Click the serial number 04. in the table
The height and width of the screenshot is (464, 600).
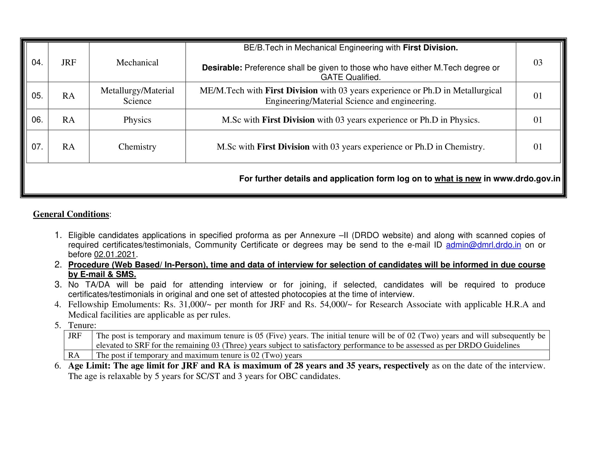click(37, 63)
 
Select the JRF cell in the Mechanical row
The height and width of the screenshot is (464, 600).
click(68, 63)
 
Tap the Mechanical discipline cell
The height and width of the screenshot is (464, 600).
click(137, 63)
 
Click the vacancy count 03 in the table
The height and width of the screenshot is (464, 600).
click(538, 63)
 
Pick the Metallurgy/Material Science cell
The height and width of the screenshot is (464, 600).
click(137, 96)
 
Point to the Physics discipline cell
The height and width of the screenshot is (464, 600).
click(137, 120)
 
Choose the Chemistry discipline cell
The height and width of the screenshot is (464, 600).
click(137, 147)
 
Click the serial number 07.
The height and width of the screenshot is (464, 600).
click(37, 147)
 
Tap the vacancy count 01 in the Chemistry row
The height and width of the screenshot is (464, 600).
click(538, 147)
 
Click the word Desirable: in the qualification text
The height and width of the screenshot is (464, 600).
click(222, 68)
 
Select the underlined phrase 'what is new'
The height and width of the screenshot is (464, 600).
click(458, 179)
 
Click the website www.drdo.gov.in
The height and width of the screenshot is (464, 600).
click(527, 179)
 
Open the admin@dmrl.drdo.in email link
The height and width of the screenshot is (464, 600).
click(483, 245)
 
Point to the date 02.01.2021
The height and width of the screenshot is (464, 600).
click(115, 255)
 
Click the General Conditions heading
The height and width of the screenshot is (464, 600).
click(71, 214)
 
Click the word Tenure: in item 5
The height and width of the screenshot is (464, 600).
click(82, 325)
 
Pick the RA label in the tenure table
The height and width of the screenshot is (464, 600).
click(74, 355)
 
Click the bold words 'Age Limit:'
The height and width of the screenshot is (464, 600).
click(89, 366)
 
